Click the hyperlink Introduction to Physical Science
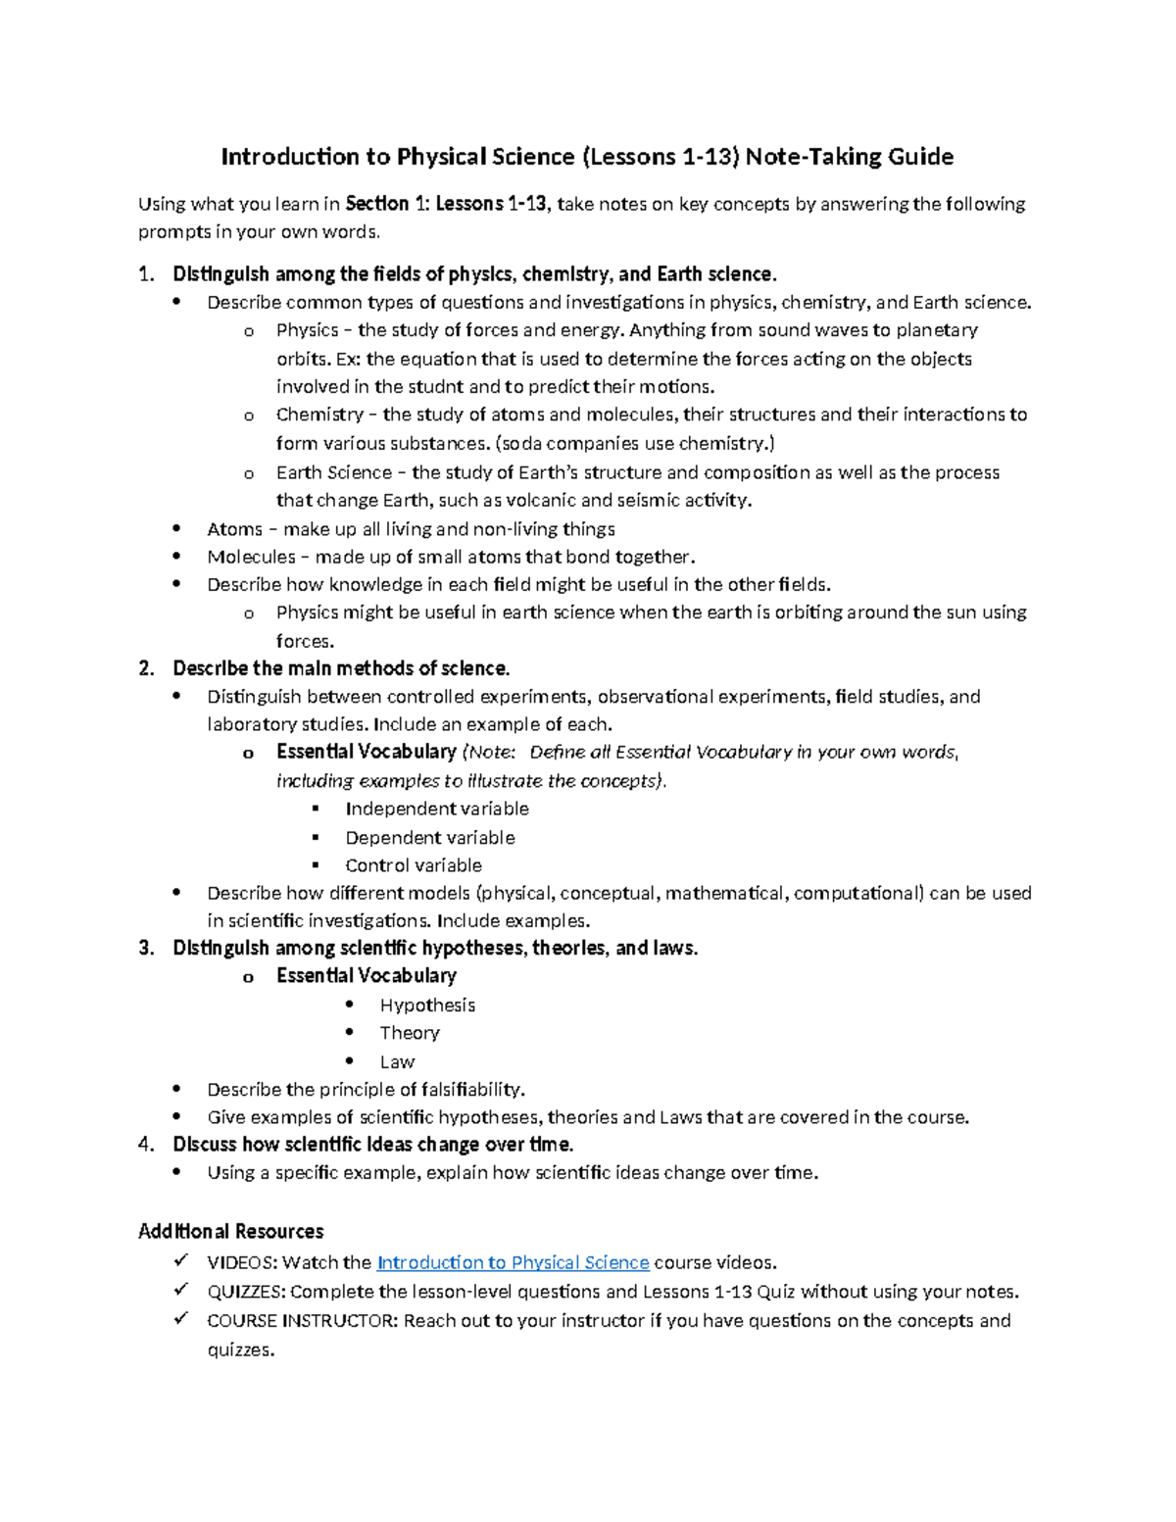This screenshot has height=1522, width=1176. tap(513, 1263)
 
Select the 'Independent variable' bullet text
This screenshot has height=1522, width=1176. tap(436, 810)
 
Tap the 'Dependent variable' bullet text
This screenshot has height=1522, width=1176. tap(429, 838)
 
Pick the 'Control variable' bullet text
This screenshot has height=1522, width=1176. tap(413, 865)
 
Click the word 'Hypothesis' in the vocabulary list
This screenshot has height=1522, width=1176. tap(427, 1006)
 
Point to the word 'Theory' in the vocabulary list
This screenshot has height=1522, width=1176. tap(410, 1033)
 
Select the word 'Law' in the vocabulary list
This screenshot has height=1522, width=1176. tap(397, 1062)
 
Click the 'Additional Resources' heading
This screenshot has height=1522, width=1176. tap(230, 1232)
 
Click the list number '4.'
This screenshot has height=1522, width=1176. tap(146, 1145)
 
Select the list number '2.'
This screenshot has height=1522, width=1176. tap(146, 668)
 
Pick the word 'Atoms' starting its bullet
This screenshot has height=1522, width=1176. tap(234, 529)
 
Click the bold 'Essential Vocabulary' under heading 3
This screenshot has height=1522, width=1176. tap(366, 976)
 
